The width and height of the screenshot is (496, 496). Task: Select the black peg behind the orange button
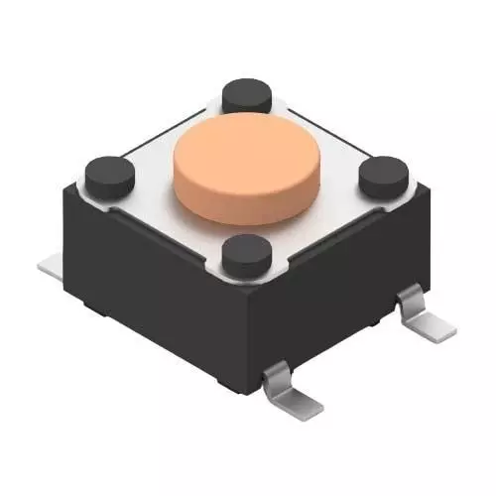coord(247,95)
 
